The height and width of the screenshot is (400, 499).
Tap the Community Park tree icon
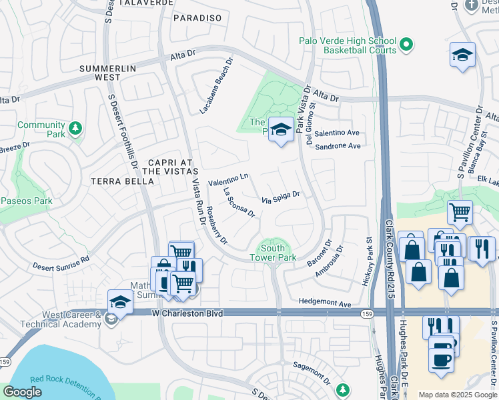click(x=76, y=127)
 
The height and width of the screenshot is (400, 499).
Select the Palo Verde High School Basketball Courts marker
click(x=407, y=45)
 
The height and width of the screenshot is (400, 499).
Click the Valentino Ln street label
click(x=228, y=179)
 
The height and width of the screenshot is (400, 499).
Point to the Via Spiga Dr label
click(x=280, y=198)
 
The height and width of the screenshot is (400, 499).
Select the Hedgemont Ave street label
click(x=325, y=303)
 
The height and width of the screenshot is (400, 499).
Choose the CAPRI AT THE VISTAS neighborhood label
click(x=170, y=167)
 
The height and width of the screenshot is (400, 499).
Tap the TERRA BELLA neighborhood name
click(x=114, y=181)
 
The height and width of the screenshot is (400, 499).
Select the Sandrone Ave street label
click(x=338, y=146)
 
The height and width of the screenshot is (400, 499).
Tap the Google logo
click(x=22, y=392)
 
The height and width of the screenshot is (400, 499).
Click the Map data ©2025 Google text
click(x=458, y=395)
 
